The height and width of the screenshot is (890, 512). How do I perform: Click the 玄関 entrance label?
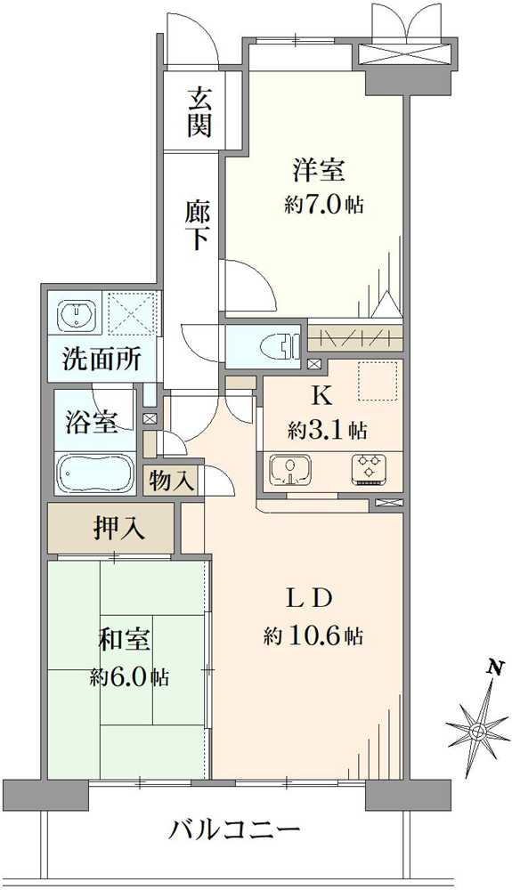[199, 110]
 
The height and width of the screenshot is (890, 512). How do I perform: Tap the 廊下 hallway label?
[198, 225]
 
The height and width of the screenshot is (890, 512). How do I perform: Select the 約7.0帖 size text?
[323, 204]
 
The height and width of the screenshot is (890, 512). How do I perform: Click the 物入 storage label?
[172, 481]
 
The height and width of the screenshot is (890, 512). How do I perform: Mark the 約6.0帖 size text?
[129, 677]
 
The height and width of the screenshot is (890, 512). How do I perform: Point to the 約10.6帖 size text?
[313, 636]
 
